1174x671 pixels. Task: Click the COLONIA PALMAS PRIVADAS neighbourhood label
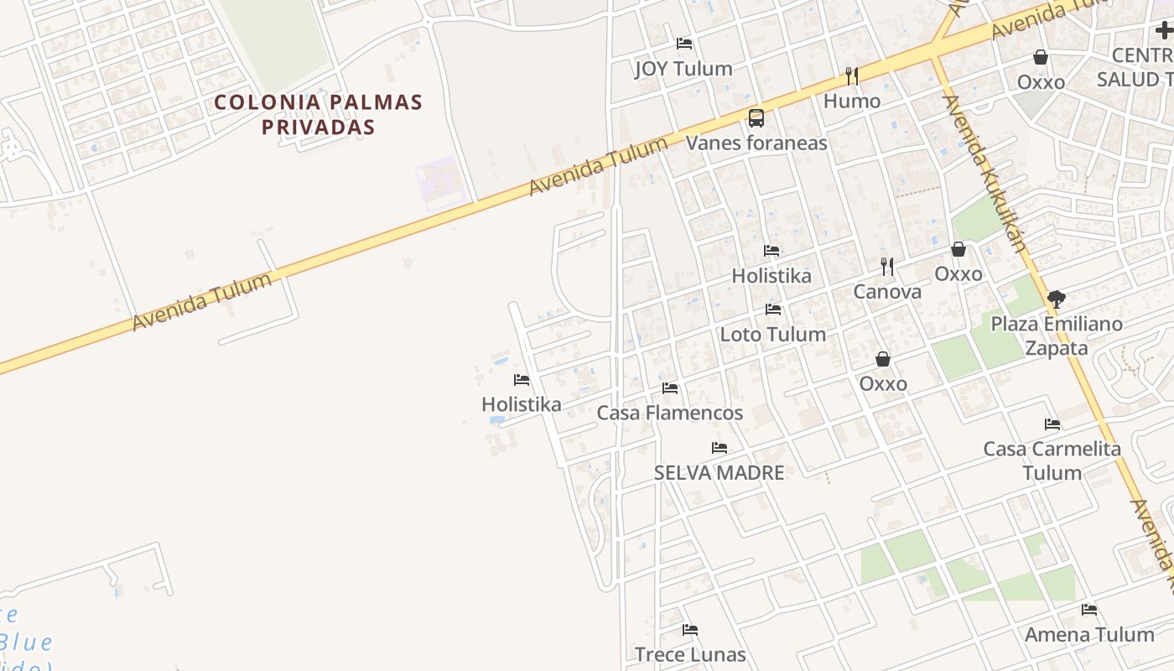(x=318, y=114)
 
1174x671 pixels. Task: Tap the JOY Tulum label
(x=683, y=69)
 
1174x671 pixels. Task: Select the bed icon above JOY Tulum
(x=684, y=44)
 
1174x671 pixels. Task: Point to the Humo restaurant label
(x=852, y=101)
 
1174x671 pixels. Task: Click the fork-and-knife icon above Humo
(x=852, y=76)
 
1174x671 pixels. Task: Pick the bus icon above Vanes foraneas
(x=756, y=117)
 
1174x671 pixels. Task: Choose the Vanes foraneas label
(x=756, y=143)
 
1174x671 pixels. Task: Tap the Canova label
(x=887, y=292)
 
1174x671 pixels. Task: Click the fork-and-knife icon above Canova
(x=887, y=267)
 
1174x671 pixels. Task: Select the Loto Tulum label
(x=773, y=335)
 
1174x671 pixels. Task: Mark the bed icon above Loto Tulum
(x=773, y=309)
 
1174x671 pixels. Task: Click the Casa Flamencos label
(x=669, y=413)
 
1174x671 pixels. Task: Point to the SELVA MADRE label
(x=719, y=473)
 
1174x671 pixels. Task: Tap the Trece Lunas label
(x=690, y=654)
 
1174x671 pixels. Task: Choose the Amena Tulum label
(x=1089, y=635)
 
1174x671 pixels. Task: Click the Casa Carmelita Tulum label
(x=1052, y=460)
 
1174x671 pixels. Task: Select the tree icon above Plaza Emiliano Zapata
(x=1057, y=299)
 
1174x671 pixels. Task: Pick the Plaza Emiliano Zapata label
(x=1057, y=335)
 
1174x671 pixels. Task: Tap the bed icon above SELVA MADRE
(x=719, y=448)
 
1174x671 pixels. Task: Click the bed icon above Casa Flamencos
(x=669, y=388)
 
